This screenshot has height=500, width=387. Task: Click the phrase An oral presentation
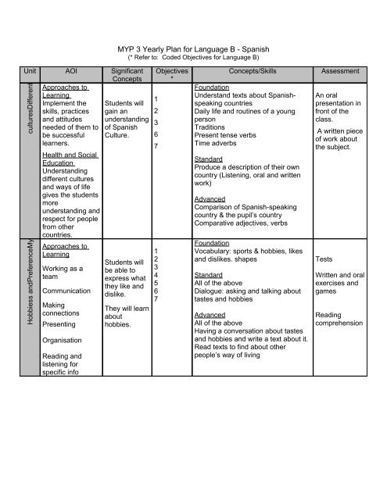point(338,106)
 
